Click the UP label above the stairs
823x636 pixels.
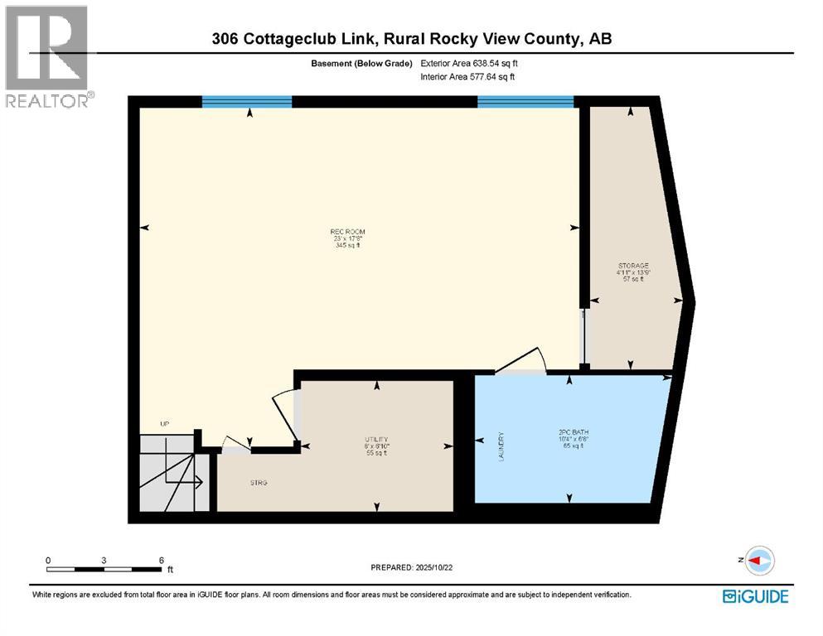[x=164, y=424]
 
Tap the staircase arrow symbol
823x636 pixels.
[x=182, y=479]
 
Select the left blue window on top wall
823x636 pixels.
[x=247, y=102]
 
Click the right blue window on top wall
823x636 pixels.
[x=525, y=102]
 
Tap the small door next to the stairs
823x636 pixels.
[x=235, y=445]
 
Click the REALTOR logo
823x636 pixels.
[x=48, y=55]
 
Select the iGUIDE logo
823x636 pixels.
[x=755, y=595]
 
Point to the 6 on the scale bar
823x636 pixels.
[x=161, y=561]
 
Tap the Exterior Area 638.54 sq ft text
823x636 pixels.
[x=470, y=63]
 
